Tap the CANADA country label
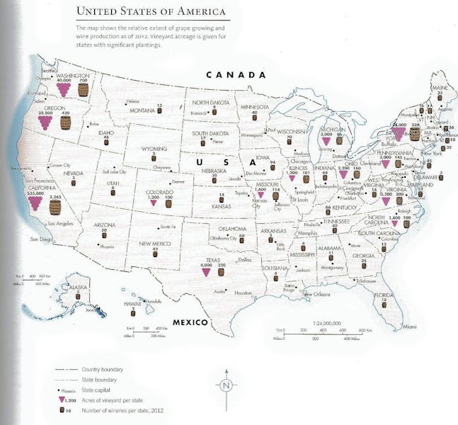pyautogui.click(x=236, y=74)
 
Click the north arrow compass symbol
pyautogui.click(x=226, y=386)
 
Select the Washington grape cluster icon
pyautogui.click(x=64, y=90)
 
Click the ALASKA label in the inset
pyautogui.click(x=78, y=287)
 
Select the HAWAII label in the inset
pyautogui.click(x=131, y=303)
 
